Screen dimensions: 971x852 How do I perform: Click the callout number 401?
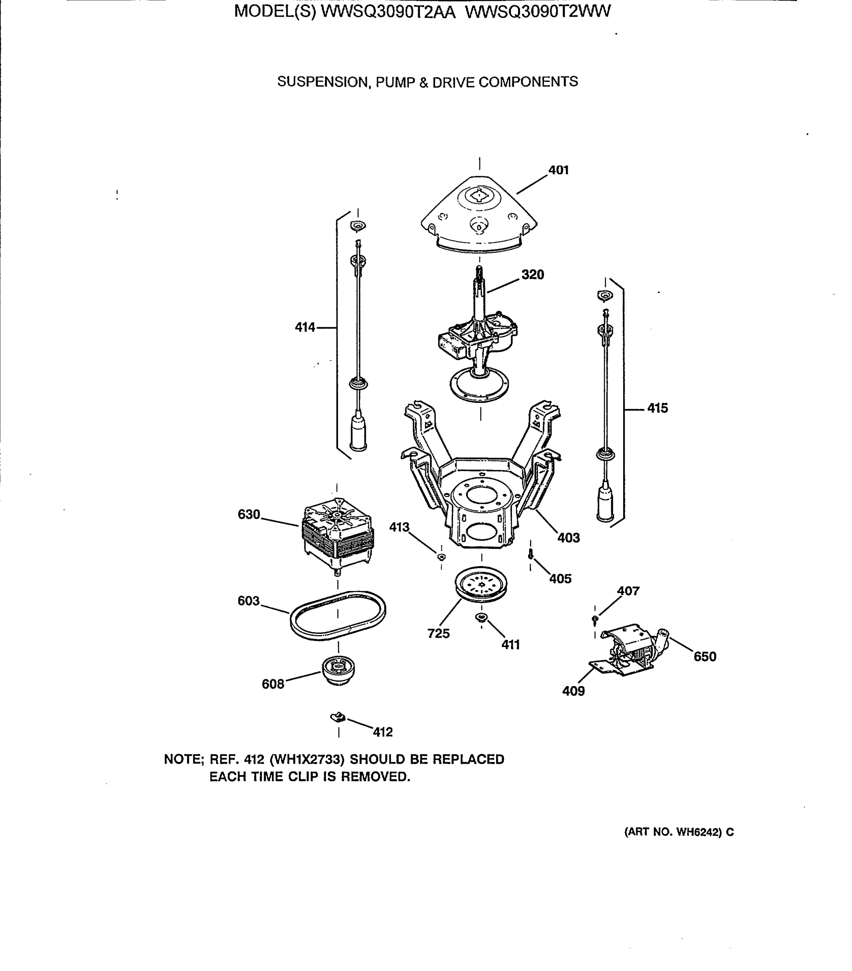(558, 170)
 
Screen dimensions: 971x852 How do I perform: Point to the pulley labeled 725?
(481, 585)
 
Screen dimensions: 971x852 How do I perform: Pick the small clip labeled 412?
(338, 717)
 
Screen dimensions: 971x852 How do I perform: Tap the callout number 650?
(704, 657)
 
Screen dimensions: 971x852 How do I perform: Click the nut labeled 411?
(481, 617)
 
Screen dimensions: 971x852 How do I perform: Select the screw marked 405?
(531, 554)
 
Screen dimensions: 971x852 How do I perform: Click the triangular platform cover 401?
(479, 214)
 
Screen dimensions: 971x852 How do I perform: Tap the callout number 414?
(304, 327)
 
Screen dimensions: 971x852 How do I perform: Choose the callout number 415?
(657, 408)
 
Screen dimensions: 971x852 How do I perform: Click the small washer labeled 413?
(441, 556)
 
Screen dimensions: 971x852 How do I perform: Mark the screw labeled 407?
(594, 619)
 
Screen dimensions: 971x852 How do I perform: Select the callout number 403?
(568, 538)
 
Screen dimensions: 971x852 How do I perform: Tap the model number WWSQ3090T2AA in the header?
(388, 11)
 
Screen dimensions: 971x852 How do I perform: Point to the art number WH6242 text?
(696, 832)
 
